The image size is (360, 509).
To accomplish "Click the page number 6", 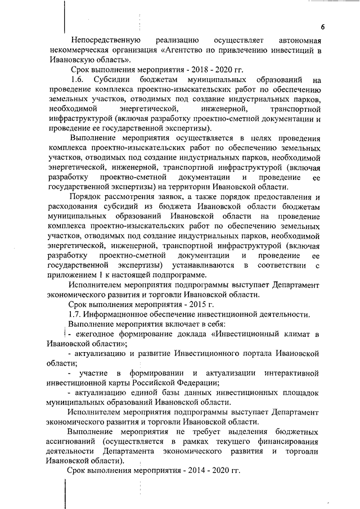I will [x=323, y=27].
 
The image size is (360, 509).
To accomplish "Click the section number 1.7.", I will [x=75, y=314].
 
